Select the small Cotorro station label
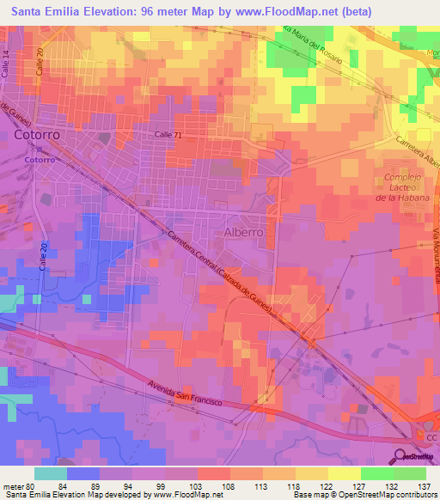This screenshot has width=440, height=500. pos(40,160)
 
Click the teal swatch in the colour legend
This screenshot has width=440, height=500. pos(50,473)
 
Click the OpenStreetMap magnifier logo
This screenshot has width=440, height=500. pos(405,457)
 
